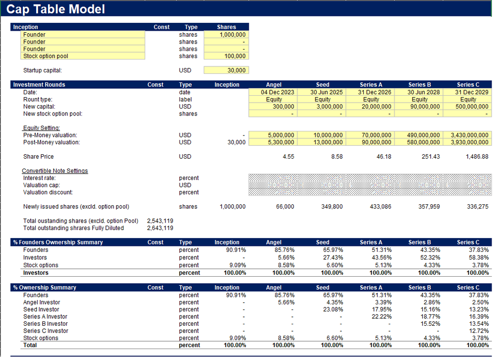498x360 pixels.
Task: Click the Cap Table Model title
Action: (x=55, y=9)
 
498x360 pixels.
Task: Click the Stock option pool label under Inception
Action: (x=46, y=56)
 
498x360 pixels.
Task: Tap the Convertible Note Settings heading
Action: (x=55, y=171)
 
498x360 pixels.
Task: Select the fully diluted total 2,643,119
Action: (x=160, y=228)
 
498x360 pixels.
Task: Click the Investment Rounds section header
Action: (x=39, y=85)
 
